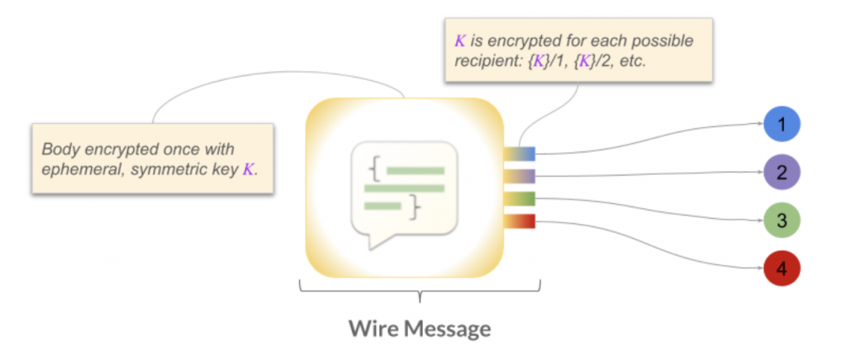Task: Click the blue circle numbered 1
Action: click(782, 126)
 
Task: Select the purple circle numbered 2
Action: click(782, 173)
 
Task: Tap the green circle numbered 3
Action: click(782, 221)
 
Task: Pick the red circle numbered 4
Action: click(782, 269)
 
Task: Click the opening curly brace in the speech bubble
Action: click(375, 171)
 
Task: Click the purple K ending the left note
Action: click(247, 171)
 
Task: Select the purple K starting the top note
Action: click(460, 40)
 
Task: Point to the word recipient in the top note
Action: click(485, 61)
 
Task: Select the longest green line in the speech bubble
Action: click(404, 188)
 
